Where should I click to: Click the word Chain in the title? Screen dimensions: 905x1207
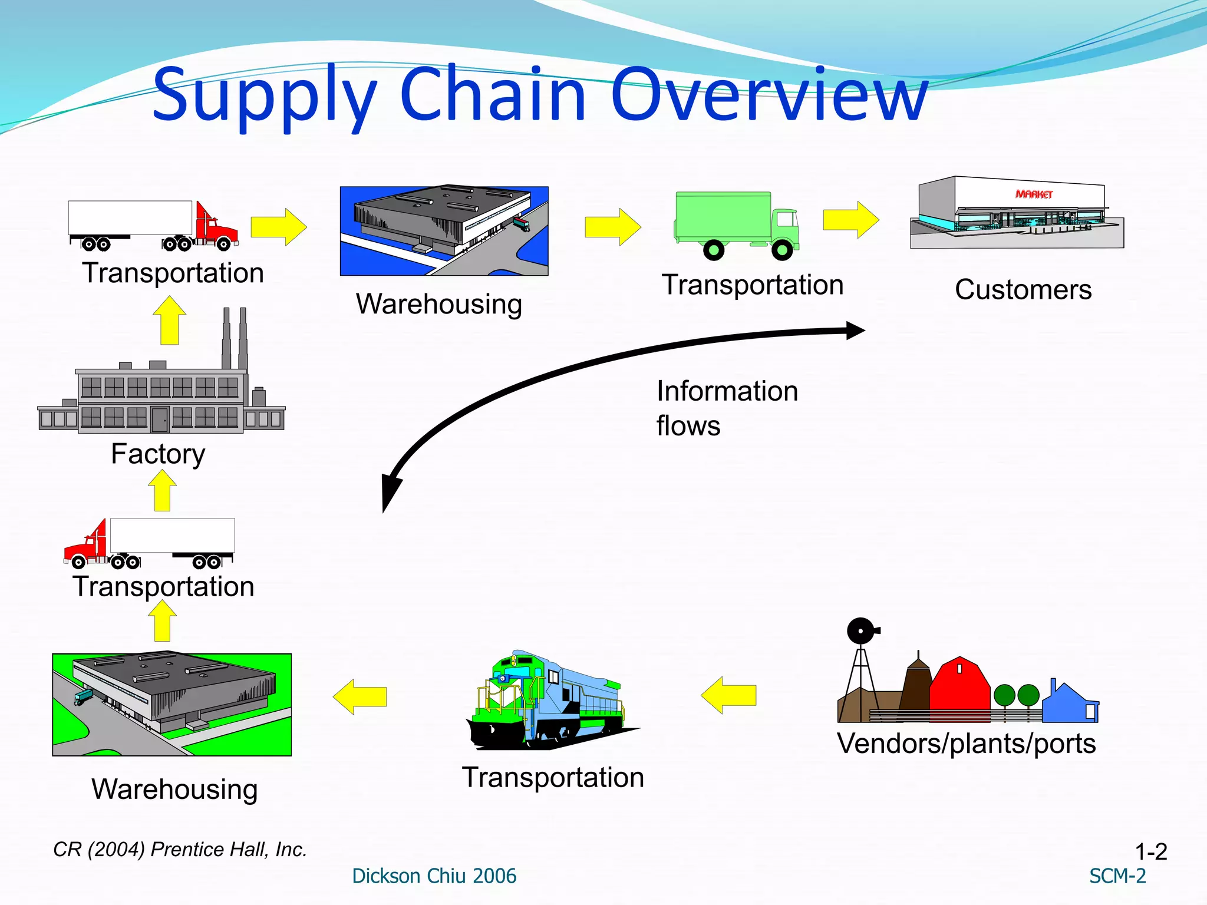(492, 94)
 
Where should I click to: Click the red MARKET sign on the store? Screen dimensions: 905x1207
(1034, 194)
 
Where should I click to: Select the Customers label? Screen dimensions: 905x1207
(1023, 290)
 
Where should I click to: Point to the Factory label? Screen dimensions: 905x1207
(158, 454)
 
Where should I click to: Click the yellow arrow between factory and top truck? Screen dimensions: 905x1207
(169, 321)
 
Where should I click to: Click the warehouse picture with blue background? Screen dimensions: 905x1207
(444, 231)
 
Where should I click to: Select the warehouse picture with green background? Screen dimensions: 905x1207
(172, 704)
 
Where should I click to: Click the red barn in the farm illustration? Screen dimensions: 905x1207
(959, 689)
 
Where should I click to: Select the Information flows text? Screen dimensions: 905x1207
(726, 408)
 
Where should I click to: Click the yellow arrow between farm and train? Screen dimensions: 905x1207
(729, 695)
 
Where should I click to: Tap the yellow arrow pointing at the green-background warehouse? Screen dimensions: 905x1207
(360, 696)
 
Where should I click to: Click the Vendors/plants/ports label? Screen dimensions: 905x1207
(966, 744)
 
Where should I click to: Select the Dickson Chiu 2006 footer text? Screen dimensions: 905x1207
(434, 876)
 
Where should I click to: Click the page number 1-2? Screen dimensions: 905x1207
(1150, 851)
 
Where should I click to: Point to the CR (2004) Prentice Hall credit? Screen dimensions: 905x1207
(180, 850)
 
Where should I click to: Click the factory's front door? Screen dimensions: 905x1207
(159, 420)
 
